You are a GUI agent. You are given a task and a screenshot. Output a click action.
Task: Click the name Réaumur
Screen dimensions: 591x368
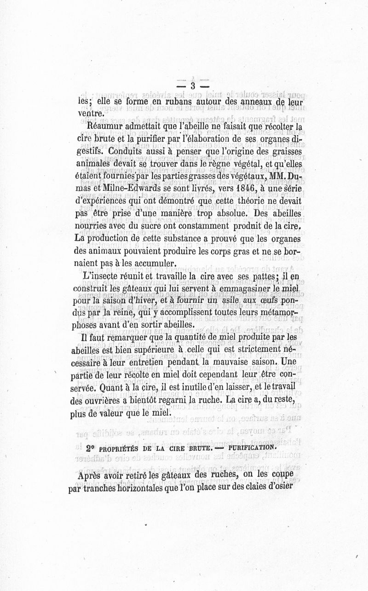click(x=104, y=125)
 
